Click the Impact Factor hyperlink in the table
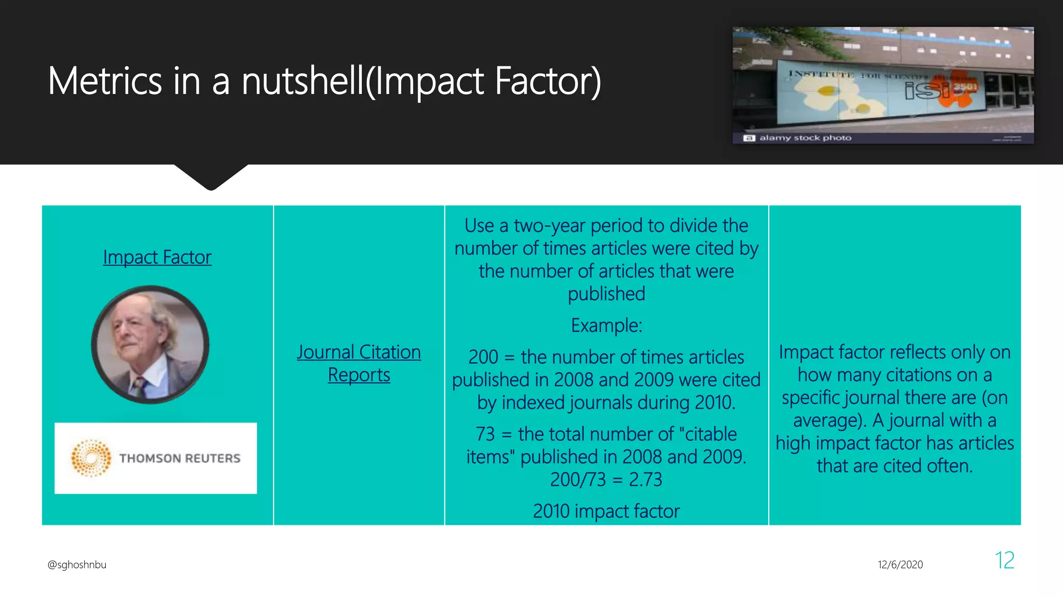tap(157, 257)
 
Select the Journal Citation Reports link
tap(359, 363)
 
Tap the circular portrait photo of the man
tap(151, 344)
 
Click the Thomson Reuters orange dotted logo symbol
tap(91, 458)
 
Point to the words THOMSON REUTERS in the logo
tap(180, 458)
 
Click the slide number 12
tap(1004, 561)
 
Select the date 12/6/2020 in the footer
tap(900, 565)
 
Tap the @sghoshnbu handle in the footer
tap(77, 565)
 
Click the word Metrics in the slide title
tap(105, 81)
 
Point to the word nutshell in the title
tap(303, 81)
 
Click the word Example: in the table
tap(606, 325)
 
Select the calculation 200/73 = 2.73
tap(606, 480)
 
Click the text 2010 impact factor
tap(606, 511)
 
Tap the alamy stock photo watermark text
tap(805, 138)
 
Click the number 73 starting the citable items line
tap(485, 434)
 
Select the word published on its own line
tap(606, 294)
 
